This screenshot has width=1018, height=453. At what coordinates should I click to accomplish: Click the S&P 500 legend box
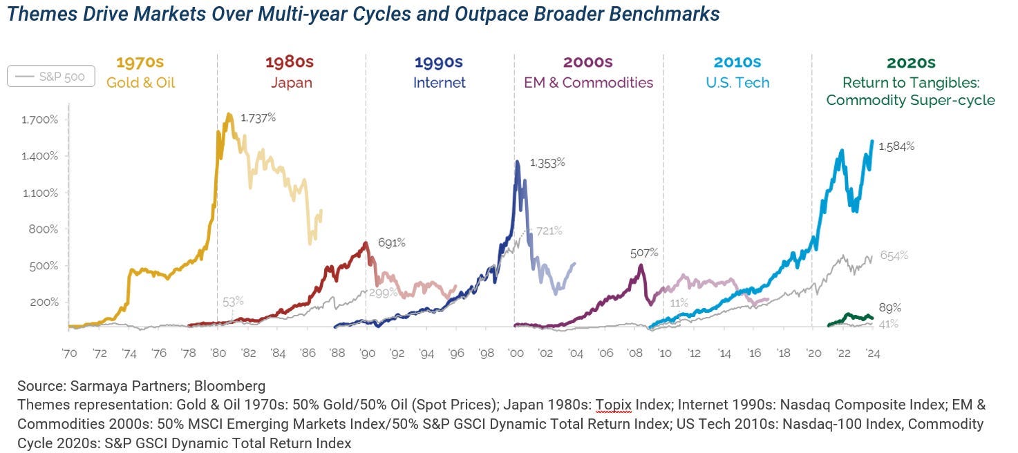[51, 76]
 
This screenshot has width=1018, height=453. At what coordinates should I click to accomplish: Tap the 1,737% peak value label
[258, 118]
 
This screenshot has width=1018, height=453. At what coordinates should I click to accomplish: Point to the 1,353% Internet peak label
[547, 162]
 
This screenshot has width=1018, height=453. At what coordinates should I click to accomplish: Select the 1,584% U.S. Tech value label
[896, 146]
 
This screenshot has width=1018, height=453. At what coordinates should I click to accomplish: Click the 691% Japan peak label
[391, 242]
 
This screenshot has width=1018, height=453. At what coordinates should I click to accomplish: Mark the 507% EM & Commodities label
[644, 253]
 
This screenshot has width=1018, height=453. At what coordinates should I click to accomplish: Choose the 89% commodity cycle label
[890, 308]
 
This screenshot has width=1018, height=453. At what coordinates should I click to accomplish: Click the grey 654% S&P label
[894, 256]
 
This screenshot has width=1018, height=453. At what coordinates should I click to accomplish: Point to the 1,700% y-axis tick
[40, 120]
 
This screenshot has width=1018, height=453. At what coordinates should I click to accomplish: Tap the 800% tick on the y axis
[44, 229]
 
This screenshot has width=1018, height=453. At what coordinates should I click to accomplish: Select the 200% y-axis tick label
[44, 302]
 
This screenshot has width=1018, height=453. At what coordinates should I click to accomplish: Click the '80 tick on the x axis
[218, 353]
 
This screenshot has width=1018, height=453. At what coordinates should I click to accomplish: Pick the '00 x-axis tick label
[516, 353]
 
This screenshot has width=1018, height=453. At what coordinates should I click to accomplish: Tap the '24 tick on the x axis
[873, 353]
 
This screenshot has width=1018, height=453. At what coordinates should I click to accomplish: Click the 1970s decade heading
[140, 62]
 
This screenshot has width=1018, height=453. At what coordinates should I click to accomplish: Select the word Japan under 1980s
[292, 83]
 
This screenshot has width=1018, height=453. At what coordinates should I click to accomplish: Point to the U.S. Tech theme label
[737, 83]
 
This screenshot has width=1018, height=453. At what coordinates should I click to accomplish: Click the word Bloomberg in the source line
[229, 386]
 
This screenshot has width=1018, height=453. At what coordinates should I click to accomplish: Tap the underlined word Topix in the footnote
[614, 405]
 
